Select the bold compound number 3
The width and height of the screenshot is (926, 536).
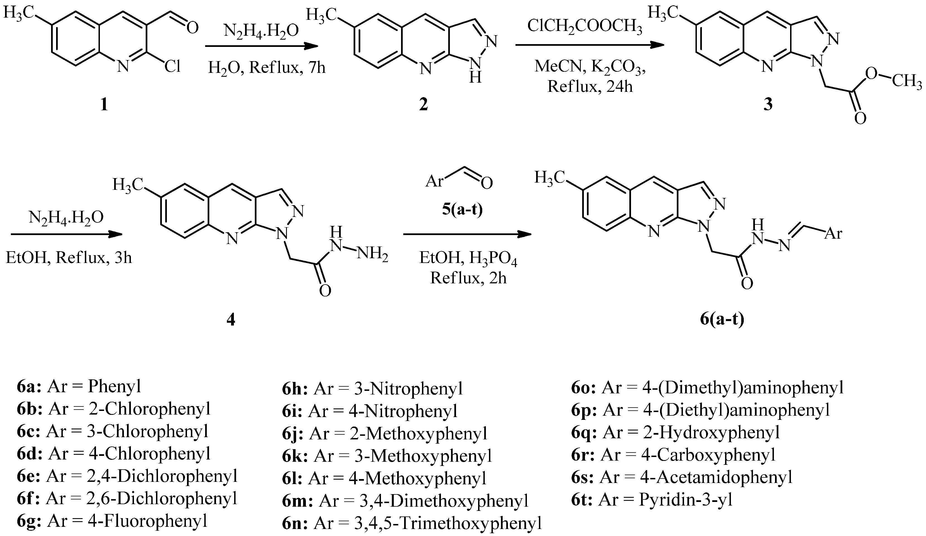(x=768, y=105)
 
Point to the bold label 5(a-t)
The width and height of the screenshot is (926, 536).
(x=462, y=210)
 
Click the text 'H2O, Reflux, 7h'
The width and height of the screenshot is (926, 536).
(x=267, y=68)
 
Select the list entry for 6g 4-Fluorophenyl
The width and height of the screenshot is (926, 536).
(x=112, y=521)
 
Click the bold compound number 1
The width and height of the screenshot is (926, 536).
(x=104, y=105)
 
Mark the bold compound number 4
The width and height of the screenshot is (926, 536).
(x=231, y=320)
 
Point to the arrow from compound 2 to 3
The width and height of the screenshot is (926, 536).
(x=589, y=45)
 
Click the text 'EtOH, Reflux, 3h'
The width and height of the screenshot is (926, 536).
(x=69, y=258)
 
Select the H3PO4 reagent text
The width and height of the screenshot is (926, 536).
(x=493, y=259)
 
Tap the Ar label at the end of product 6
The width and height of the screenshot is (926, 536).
(x=833, y=233)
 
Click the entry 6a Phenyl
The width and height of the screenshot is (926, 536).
(x=79, y=386)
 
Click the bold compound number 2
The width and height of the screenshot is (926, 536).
(x=423, y=105)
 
